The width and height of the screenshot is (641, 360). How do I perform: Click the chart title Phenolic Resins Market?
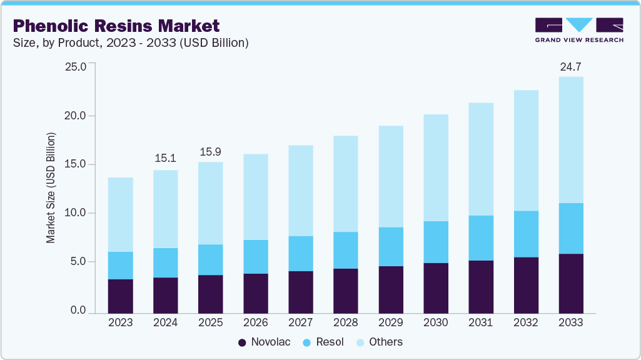point(116,26)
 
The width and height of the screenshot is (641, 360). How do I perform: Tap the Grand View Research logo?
point(579,30)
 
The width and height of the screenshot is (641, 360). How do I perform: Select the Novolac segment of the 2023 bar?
point(121,296)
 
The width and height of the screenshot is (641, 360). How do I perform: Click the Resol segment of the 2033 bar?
point(571,228)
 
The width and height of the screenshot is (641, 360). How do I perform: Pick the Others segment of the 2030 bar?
point(436,167)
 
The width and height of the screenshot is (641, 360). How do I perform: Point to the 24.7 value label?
point(571,66)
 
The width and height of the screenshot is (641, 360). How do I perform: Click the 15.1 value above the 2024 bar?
point(166,159)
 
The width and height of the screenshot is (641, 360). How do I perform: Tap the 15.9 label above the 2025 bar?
point(211,151)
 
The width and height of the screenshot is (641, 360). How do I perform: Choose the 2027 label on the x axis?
point(301,322)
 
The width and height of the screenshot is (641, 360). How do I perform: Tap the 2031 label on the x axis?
point(481,322)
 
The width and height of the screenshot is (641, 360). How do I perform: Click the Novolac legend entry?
point(264,342)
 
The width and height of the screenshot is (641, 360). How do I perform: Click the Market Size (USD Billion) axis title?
point(51,187)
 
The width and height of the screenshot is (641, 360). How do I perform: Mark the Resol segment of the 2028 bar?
point(346,250)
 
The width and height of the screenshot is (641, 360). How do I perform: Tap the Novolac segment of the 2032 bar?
point(526,284)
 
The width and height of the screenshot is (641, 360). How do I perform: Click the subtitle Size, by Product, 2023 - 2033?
point(131,43)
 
